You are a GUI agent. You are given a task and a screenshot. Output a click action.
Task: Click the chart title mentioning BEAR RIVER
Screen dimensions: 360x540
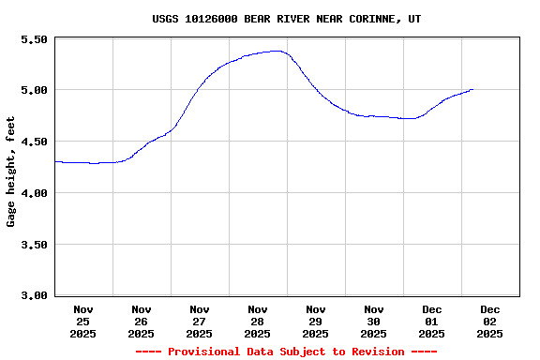286,19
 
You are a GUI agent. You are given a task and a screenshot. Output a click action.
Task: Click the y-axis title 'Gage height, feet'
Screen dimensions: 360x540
11,172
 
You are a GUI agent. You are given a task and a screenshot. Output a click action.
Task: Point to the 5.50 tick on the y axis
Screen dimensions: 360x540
34,39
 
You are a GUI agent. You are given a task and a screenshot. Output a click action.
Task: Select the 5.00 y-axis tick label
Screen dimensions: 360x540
34,90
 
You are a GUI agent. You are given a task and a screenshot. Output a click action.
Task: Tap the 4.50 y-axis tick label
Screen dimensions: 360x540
34,142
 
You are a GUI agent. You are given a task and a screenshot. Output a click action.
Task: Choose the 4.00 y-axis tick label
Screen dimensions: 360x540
34,193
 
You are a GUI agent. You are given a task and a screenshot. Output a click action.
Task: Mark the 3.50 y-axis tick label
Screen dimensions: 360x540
34,245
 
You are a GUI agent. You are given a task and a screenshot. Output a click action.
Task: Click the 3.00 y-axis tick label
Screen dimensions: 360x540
34,295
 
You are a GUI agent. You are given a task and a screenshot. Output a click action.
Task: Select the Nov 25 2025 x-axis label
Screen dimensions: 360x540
83,322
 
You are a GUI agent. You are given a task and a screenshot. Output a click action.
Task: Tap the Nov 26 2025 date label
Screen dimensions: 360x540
142,322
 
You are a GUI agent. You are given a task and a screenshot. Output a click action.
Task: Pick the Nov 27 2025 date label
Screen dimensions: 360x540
200,322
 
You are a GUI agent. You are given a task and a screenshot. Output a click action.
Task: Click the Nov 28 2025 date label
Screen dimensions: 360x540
258,322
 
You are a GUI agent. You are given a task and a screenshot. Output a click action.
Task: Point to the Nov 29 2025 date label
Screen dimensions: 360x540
316,322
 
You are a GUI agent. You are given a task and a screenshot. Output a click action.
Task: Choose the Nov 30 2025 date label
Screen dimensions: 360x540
374,322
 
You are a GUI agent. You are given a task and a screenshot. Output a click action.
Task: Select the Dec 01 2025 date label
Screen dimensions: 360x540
432,322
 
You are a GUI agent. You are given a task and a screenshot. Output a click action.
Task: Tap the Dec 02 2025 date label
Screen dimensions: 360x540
490,322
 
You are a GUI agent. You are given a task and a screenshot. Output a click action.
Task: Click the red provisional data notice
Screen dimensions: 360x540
286,352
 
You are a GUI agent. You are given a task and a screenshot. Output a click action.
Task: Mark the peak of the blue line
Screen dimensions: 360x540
276,51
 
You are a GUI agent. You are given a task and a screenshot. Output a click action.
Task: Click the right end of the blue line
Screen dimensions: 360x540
473,90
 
